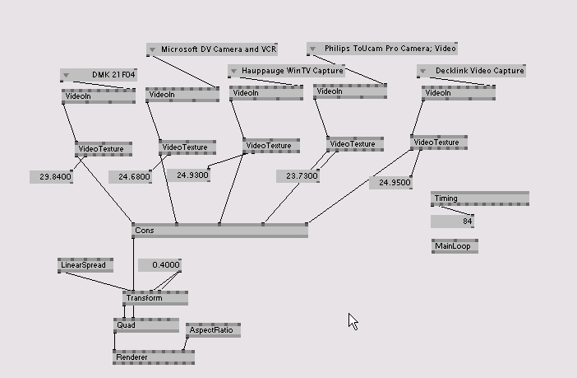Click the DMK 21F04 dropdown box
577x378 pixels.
(x=98, y=75)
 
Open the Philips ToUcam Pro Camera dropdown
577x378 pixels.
(x=382, y=49)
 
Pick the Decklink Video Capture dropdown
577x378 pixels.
(x=471, y=71)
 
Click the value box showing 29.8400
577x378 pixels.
(x=51, y=177)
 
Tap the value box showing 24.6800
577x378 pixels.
(x=130, y=177)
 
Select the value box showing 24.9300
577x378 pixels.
(x=187, y=175)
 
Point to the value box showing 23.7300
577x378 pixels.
(x=297, y=176)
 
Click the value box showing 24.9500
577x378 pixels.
(x=390, y=183)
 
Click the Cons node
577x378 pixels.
(x=219, y=231)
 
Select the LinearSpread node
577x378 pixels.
(x=85, y=265)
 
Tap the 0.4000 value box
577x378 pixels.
(x=159, y=265)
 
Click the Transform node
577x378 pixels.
(x=155, y=298)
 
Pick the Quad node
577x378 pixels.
(x=145, y=325)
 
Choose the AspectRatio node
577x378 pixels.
(x=213, y=331)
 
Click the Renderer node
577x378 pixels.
(x=154, y=357)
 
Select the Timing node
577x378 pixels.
(x=480, y=198)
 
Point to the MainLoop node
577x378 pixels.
(x=455, y=246)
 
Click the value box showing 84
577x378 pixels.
(x=453, y=222)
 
